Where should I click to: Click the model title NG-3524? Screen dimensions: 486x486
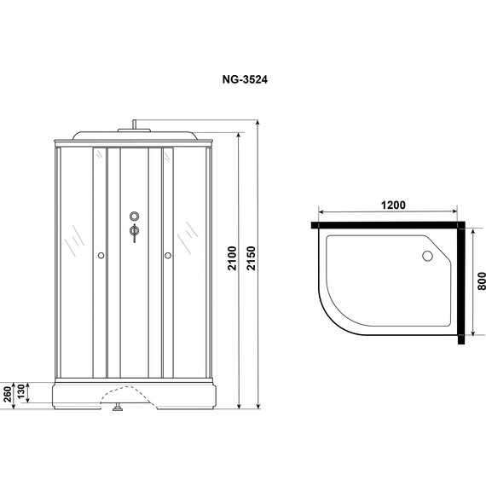click(245, 79)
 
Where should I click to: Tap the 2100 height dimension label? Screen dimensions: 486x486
click(232, 258)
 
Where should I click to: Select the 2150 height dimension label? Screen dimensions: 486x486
click(251, 258)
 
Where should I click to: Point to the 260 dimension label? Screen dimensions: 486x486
click(8, 394)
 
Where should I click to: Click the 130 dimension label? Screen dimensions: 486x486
click(20, 391)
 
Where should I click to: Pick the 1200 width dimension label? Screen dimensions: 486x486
click(393, 205)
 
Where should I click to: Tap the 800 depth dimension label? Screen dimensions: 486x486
click(482, 281)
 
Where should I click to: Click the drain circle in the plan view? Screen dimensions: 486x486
click(427, 256)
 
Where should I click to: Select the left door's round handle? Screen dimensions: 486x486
click(101, 256)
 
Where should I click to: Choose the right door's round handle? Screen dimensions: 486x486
click(168, 256)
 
